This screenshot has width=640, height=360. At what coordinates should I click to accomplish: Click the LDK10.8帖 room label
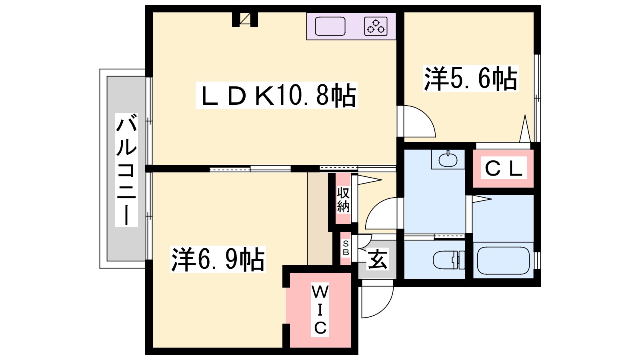point(276,96)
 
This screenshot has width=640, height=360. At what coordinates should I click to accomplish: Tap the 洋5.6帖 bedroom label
point(470,78)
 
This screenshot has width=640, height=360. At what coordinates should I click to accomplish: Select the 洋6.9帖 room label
point(218,259)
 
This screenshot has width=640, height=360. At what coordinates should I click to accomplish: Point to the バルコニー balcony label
point(126,170)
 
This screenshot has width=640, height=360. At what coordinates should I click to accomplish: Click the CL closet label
point(504,168)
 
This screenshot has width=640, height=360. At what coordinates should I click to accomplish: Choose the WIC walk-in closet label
point(320,310)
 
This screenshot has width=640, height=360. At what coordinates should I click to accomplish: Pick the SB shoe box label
point(346,248)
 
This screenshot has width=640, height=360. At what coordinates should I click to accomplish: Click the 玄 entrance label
point(378,259)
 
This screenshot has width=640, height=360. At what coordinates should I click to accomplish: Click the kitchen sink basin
point(330,26)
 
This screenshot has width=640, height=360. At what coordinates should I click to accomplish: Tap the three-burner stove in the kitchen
point(376,26)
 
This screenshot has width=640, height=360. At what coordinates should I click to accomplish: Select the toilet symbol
point(448,260)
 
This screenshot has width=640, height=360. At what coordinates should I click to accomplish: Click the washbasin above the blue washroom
point(448,160)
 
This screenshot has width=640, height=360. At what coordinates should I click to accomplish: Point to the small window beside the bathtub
point(538,260)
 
